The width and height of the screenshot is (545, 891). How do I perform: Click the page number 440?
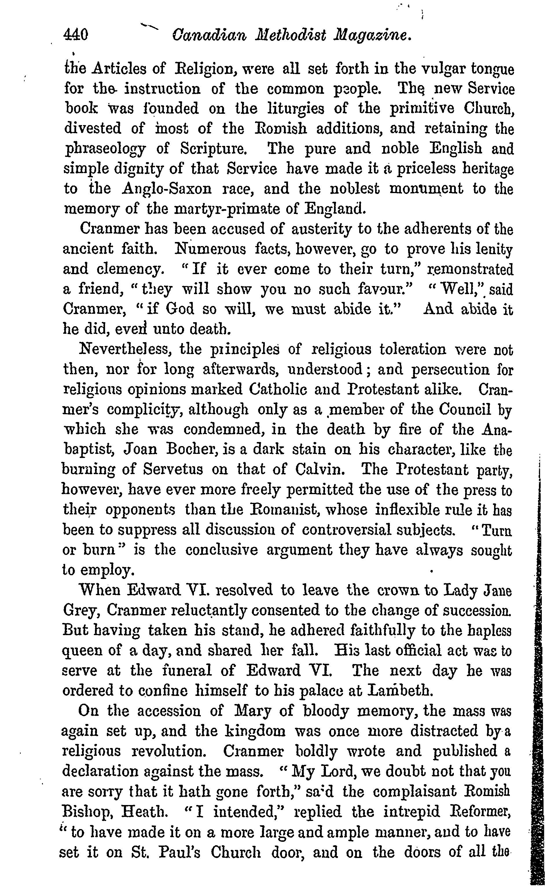point(76,35)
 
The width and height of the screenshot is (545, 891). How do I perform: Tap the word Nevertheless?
point(125,349)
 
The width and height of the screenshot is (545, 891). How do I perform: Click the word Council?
point(465,409)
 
